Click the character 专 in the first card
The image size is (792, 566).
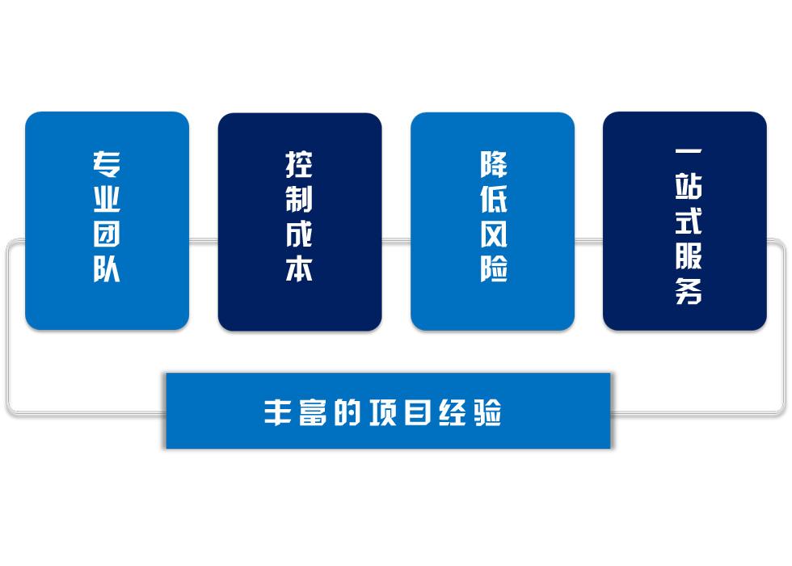(107, 165)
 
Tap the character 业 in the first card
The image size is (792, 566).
(107, 199)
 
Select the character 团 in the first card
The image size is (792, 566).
(107, 234)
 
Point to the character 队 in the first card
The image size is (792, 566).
(107, 268)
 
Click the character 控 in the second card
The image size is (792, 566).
(299, 165)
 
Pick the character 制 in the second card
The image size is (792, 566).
(299, 199)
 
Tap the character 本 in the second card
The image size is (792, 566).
(299, 268)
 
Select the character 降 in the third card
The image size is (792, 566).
(494, 165)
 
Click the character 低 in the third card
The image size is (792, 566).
(494, 199)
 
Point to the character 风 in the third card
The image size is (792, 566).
(494, 234)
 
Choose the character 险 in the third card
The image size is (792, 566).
(494, 268)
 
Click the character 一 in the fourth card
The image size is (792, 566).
(689, 151)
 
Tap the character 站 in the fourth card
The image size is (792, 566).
(689, 186)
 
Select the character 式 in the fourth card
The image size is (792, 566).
(689, 221)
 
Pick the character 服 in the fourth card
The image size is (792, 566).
(689, 256)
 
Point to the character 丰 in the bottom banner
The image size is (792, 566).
(277, 412)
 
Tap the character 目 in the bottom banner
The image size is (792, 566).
(418, 412)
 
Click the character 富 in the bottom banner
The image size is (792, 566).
(312, 412)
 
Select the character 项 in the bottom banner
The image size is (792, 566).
(382, 412)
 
